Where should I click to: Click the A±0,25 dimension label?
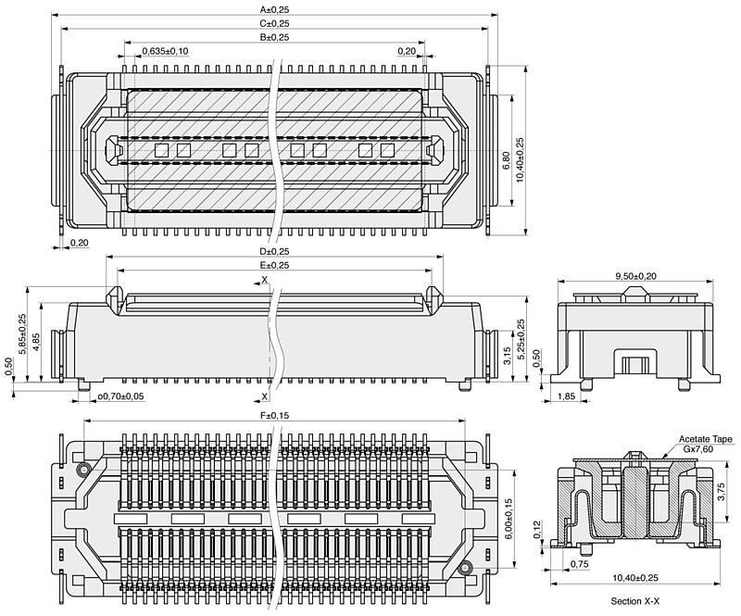tap(274, 9)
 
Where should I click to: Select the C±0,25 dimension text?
tap(274, 24)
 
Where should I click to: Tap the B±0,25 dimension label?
tap(274, 37)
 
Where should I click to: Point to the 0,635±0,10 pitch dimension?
tap(166, 51)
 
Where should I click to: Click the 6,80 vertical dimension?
tap(506, 161)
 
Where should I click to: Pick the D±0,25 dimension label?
tap(274, 252)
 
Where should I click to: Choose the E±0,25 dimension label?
tap(274, 266)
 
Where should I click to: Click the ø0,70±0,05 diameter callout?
tap(120, 396)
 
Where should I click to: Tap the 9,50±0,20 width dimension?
tap(635, 277)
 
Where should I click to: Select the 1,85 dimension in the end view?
tap(566, 396)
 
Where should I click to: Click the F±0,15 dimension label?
tap(274, 416)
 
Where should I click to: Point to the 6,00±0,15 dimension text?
tap(509, 519)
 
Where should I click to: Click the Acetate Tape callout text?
tap(706, 439)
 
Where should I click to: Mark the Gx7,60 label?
tap(698, 448)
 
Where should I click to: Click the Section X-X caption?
tap(635, 601)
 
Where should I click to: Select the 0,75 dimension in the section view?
tap(580, 564)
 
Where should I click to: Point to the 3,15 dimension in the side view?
tap(507, 356)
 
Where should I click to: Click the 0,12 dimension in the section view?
tap(537, 530)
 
